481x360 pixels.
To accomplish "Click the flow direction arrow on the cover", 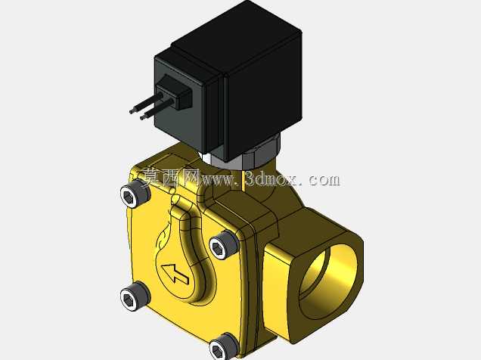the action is (175, 273).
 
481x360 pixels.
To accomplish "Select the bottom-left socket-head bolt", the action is (135, 296).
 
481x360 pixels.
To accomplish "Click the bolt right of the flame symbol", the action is (225, 245).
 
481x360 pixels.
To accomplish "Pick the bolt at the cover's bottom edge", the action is (224, 346).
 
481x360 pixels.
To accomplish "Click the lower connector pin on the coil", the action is (157, 109).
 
